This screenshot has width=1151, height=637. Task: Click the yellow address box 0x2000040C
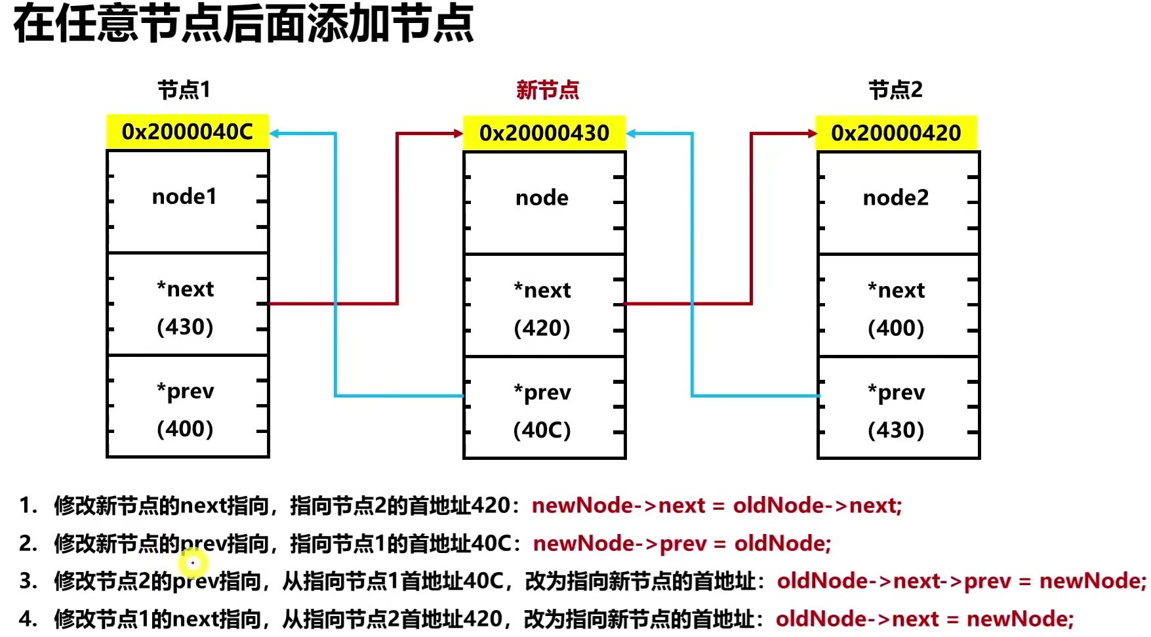pyautogui.click(x=188, y=132)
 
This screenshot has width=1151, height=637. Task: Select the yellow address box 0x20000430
pyautogui.click(x=544, y=133)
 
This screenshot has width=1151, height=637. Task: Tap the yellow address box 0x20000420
pyautogui.click(x=896, y=133)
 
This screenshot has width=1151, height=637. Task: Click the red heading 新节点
pyautogui.click(x=548, y=90)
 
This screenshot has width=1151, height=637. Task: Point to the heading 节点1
pyautogui.click(x=184, y=90)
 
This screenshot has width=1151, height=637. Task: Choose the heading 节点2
pyautogui.click(x=896, y=90)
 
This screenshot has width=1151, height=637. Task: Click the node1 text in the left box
pyautogui.click(x=184, y=197)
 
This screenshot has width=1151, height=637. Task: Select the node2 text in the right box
pyautogui.click(x=896, y=198)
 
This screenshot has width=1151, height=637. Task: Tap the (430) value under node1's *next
pyautogui.click(x=185, y=327)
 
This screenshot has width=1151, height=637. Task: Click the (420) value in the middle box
pyautogui.click(x=542, y=328)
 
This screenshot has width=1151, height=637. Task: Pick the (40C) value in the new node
pyautogui.click(x=542, y=430)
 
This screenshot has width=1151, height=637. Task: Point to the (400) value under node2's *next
pyautogui.click(x=896, y=328)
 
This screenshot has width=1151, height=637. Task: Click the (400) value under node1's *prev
pyautogui.click(x=185, y=429)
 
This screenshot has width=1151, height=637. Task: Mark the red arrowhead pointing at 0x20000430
pyautogui.click(x=458, y=134)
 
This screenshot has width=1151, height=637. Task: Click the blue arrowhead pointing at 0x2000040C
pyautogui.click(x=275, y=134)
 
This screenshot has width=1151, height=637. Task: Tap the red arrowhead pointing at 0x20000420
pyautogui.click(x=813, y=134)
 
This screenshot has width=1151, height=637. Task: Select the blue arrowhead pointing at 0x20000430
pyautogui.click(x=632, y=134)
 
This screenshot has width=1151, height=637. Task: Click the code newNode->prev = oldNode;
pyautogui.click(x=682, y=544)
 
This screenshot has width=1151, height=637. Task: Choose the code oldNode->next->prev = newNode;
pyautogui.click(x=961, y=581)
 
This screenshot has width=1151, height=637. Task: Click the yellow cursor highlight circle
pyautogui.click(x=193, y=562)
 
